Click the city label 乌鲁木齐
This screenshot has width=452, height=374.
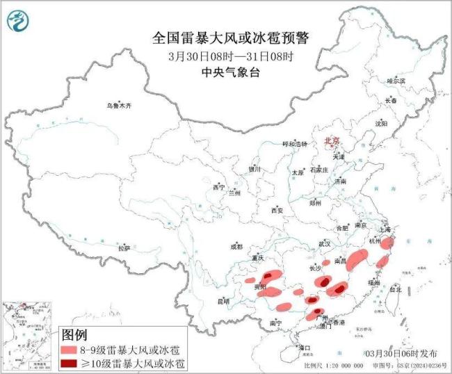tap(118, 106)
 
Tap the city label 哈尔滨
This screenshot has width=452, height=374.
tap(396, 81)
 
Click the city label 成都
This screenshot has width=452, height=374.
tap(236, 247)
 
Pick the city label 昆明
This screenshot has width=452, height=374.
tap(223, 301)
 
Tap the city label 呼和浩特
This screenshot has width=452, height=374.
tap(293, 143)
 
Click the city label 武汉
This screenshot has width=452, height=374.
tap(324, 244)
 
